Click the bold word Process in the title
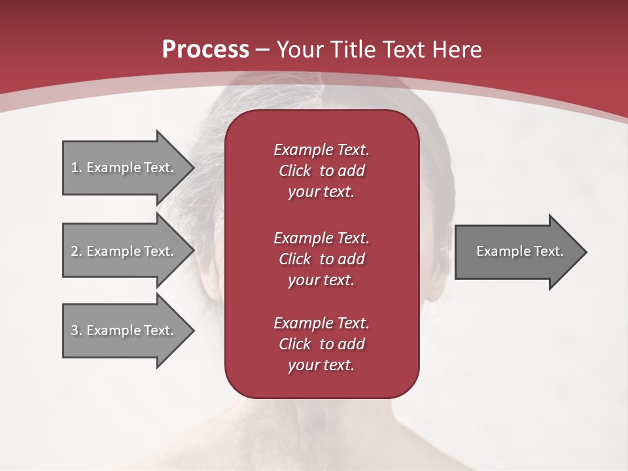tap(205, 50)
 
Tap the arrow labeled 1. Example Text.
tap(124, 167)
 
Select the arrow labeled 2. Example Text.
tap(124, 251)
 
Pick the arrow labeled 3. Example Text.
tap(124, 330)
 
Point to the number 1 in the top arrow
tap(75, 167)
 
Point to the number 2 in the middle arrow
tap(75, 251)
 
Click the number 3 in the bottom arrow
tap(75, 330)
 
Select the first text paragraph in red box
tap(321, 171)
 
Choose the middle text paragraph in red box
tap(321, 258)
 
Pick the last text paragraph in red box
tap(321, 344)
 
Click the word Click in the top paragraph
tap(294, 171)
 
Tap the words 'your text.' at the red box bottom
tap(321, 365)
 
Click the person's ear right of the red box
tap(437, 262)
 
